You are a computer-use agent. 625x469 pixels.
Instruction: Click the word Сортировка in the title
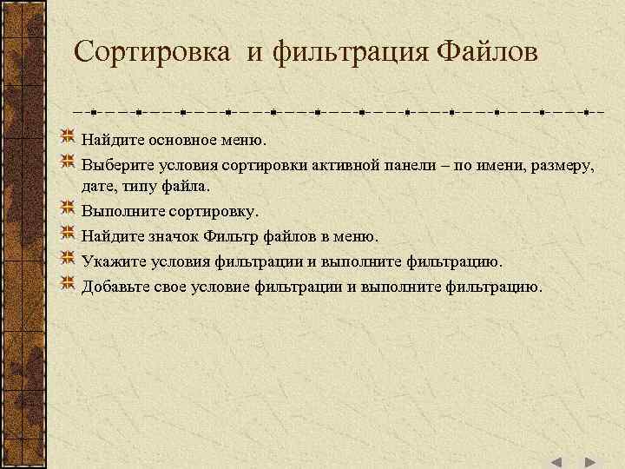tap(152, 51)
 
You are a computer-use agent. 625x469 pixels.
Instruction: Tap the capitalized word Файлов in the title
tap(487, 51)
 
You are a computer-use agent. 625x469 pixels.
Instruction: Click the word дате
tap(97, 186)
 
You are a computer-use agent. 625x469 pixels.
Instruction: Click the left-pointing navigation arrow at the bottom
tap(556, 462)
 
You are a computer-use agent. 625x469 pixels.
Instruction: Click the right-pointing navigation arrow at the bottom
tap(589, 462)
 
